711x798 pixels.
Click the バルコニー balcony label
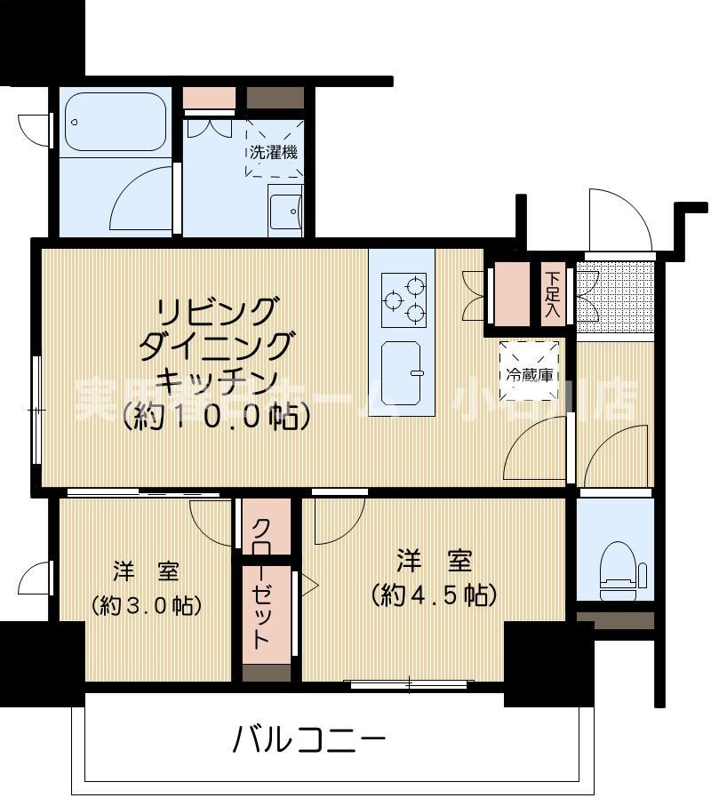(x=310, y=737)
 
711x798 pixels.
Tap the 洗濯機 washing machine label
(x=273, y=151)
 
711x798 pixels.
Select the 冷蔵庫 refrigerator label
(x=530, y=374)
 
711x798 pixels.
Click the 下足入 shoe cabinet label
(x=553, y=293)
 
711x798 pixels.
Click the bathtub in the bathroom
(x=116, y=122)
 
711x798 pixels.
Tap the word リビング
(x=217, y=312)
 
